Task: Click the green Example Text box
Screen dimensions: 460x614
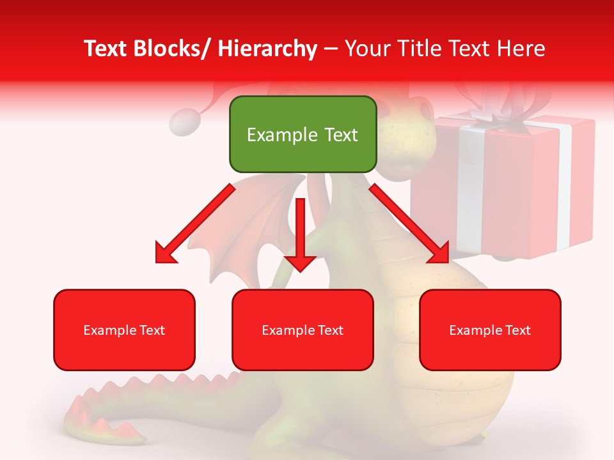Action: (x=303, y=134)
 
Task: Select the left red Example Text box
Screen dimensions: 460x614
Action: (x=124, y=330)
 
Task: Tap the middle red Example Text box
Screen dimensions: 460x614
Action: (x=303, y=330)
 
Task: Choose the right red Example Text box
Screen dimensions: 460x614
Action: (x=490, y=330)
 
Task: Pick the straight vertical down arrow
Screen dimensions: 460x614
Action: (x=300, y=236)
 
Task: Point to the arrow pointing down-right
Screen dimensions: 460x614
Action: (x=409, y=224)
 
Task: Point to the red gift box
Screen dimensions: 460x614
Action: (x=512, y=192)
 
